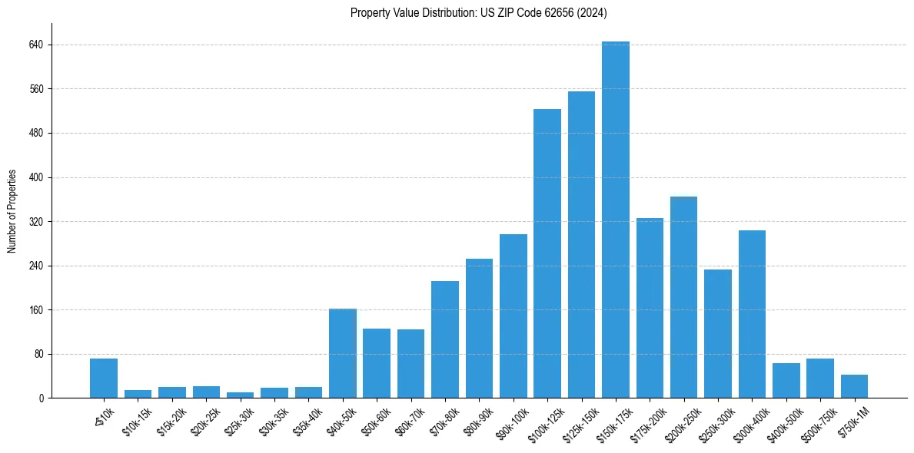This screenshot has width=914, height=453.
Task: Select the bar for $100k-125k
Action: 547,253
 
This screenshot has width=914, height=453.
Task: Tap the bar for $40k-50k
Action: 343,353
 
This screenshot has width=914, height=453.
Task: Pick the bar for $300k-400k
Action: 752,314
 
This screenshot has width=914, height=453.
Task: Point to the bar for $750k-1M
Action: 854,386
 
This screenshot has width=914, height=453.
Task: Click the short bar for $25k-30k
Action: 240,395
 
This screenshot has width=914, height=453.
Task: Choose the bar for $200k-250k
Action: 683,297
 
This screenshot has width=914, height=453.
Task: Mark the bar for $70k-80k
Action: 445,339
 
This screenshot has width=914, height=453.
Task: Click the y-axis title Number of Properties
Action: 12,211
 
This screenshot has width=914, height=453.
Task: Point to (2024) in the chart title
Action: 593,12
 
